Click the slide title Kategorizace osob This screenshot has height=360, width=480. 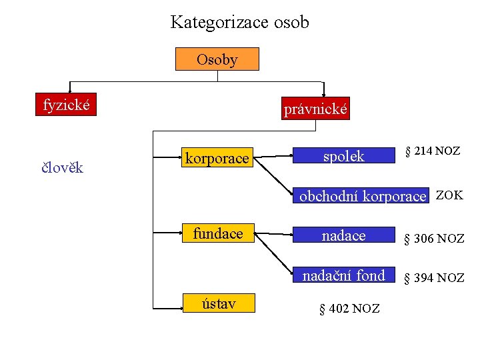coord(239,22)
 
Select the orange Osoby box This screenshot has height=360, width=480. coord(217,59)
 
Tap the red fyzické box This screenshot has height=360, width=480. coord(66,105)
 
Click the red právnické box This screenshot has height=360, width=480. coord(315,109)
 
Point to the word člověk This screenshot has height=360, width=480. coord(62,167)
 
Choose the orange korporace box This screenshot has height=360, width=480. coord(217,158)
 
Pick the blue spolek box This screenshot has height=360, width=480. coord(343,157)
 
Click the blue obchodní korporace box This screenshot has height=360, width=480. coord(361,196)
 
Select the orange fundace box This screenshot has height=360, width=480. coord(218,233)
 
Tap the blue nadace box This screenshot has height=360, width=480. coord(343,235)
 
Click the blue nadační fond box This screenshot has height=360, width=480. coord(343,275)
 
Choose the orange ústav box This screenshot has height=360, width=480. coord(218,304)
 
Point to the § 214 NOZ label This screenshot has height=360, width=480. coord(433,151)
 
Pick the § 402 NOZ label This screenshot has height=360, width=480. coord(349,308)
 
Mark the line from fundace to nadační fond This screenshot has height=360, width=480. coord(275,254)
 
